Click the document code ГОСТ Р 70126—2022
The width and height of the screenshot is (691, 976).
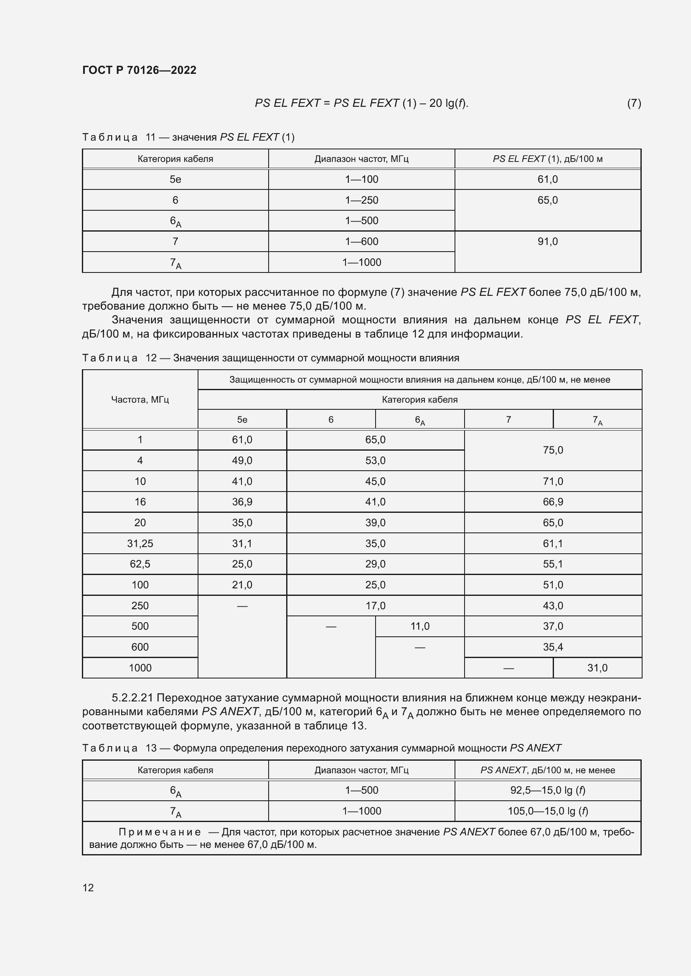pos(139,70)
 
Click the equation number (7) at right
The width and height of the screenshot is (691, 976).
pos(634,103)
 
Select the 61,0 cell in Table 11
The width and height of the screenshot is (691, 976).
pos(547,179)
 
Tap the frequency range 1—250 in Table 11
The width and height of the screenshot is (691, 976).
pos(361,200)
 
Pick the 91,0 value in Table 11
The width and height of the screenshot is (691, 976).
pos(547,242)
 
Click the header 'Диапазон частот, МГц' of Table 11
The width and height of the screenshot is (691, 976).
pos(361,159)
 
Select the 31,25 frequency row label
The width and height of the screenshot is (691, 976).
pos(140,543)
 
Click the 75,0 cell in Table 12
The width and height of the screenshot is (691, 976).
pos(553,450)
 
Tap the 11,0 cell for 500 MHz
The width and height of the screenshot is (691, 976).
pos(419,626)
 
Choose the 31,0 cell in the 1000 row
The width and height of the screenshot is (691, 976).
pos(597,668)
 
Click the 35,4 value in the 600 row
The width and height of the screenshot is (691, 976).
pos(553,647)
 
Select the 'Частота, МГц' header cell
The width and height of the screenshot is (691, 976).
pos(140,400)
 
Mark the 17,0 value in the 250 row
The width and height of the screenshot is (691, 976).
pos(375,606)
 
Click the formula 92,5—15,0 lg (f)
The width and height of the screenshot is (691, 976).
pos(547,790)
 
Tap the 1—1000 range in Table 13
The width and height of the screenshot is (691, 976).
pos(361,811)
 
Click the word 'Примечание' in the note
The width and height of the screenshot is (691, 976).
pos(160,832)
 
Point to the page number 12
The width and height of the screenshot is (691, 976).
pos(88,888)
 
